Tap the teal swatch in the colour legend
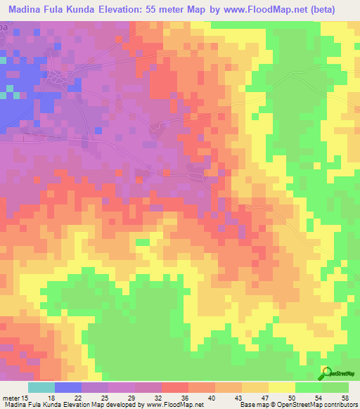pyautogui.click(x=41, y=387)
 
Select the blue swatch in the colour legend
pyautogui.click(x=67, y=387)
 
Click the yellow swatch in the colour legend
pyautogui.click(x=281, y=387)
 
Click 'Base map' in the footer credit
pyautogui.click(x=256, y=405)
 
